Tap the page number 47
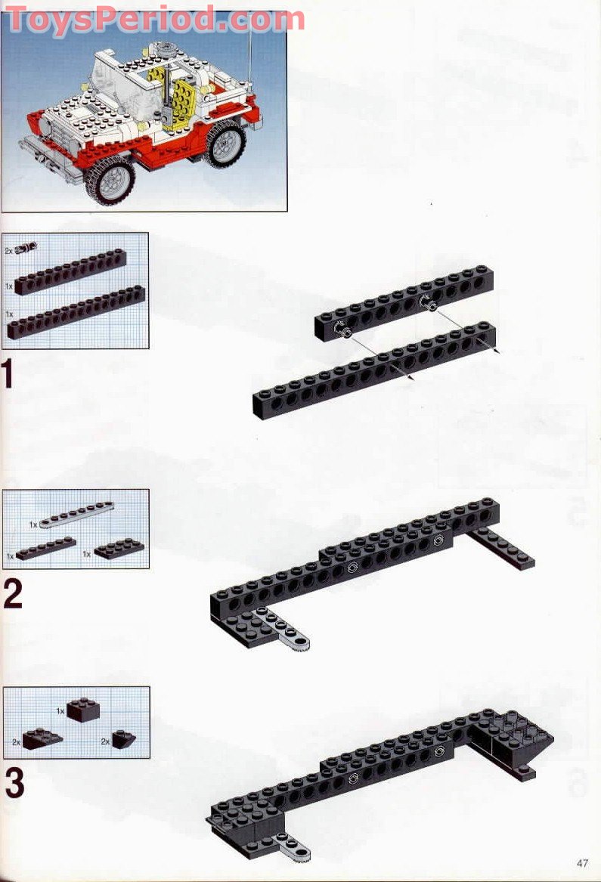tap(581, 863)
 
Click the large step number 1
tap(8, 375)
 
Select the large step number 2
tap(13, 595)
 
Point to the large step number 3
tap(14, 783)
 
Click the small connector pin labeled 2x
tap(28, 247)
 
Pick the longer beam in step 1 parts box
tap(76, 311)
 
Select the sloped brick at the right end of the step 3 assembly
tap(529, 741)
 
